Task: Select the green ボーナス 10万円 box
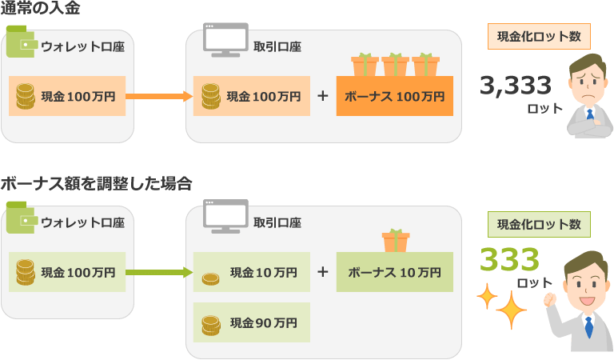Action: click(394, 272)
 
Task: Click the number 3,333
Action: click(516, 85)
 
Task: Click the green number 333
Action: click(510, 259)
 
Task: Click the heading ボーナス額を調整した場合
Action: click(96, 183)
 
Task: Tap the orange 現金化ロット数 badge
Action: click(539, 37)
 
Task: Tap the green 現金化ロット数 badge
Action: click(538, 224)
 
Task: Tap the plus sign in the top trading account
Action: click(323, 96)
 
